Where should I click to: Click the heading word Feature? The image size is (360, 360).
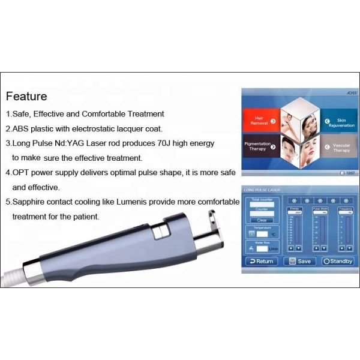click(26, 96)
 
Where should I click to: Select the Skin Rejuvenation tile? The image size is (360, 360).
click(337, 122)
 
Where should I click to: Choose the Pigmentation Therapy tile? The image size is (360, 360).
click(260, 147)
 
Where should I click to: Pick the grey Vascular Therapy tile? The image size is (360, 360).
click(337, 148)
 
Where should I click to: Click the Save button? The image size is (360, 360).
click(299, 261)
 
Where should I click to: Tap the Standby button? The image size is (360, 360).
click(337, 261)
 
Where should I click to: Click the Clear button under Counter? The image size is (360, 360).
click(262, 220)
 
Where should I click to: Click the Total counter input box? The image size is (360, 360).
click(262, 205)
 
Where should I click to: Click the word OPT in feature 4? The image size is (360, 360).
click(22, 173)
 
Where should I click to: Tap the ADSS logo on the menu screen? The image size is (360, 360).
click(347, 94)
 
